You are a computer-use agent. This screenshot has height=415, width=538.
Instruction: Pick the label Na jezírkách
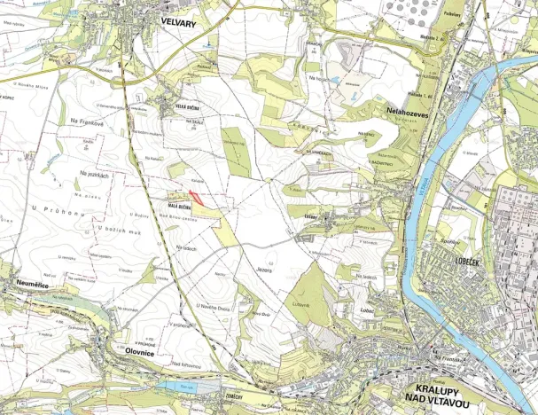pos(93,174)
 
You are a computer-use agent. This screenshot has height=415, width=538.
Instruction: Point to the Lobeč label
pos(368,310)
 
